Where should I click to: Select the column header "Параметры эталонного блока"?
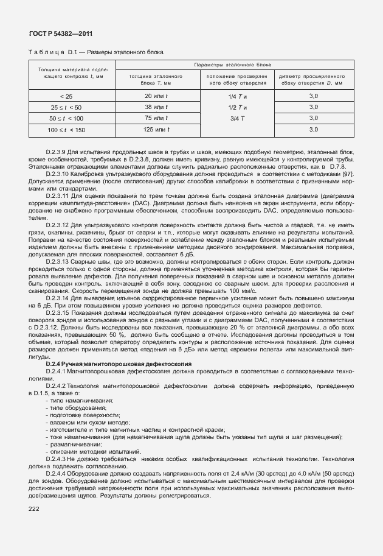pos(233,64)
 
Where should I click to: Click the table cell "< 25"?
pos(66,97)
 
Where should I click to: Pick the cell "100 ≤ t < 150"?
pos(67,130)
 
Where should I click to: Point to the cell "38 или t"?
pos(156,107)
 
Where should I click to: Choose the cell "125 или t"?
pos(156,130)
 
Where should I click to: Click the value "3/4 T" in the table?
pos(236,118)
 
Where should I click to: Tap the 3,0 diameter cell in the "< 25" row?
pos(313,97)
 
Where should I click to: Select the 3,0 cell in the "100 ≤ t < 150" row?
pos(313,130)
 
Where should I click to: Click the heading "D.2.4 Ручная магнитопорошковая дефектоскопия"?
pos(118,363)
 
